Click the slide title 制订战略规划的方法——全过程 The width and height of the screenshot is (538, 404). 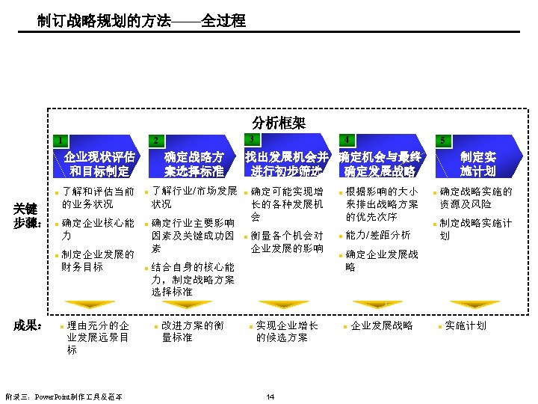point(141,21)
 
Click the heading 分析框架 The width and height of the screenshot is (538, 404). point(279,122)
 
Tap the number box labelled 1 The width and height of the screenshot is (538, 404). point(58,139)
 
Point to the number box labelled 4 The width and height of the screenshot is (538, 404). point(347,140)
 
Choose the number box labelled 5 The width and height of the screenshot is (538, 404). point(442,140)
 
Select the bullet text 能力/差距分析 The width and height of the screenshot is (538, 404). point(378,236)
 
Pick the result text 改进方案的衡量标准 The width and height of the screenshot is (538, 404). point(192,331)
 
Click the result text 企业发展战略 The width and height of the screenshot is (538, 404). point(381,325)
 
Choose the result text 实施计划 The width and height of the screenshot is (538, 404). point(465,325)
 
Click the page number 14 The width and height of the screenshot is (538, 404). point(270,396)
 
